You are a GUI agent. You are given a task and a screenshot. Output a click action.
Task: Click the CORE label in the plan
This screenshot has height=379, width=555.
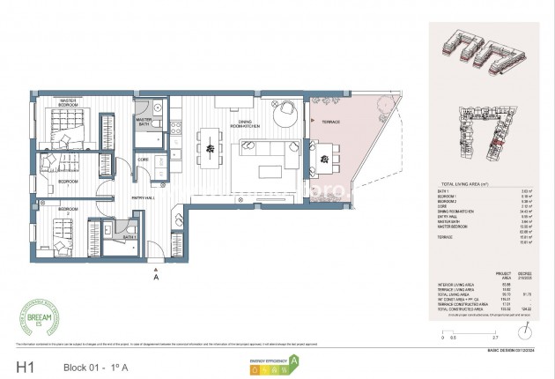pyautogui.click(x=142, y=160)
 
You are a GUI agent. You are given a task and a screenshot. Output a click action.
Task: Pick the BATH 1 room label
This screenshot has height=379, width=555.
pyautogui.click(x=129, y=236)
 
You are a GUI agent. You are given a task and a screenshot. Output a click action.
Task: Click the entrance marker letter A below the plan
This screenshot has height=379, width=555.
pyautogui.click(x=156, y=275)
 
